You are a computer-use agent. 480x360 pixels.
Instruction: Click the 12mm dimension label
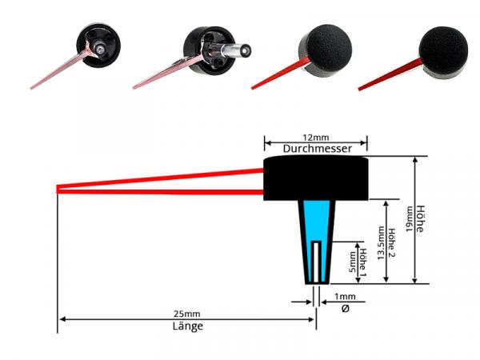(315, 138)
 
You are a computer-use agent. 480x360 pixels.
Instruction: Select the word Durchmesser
(315, 149)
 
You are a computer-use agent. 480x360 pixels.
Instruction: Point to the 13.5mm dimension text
(380, 242)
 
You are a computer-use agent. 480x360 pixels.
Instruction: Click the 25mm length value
(186, 314)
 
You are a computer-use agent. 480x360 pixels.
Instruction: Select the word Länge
(187, 326)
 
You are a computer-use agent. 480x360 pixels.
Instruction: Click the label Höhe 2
(390, 242)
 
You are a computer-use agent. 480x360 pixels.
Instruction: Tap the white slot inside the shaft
(318, 260)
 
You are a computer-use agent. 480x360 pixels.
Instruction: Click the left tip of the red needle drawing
(59, 190)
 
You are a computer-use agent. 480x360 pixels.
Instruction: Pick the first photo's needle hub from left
(98, 46)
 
